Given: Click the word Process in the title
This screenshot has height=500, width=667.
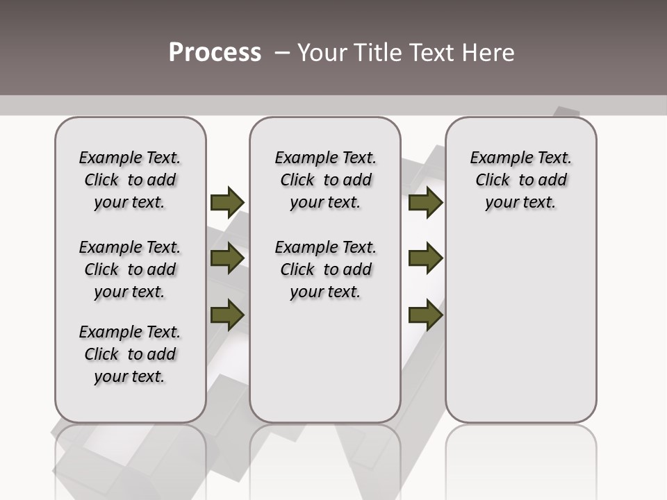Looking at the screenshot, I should pyautogui.click(x=214, y=52).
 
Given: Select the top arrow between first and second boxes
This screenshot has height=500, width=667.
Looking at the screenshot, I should pyautogui.click(x=227, y=202).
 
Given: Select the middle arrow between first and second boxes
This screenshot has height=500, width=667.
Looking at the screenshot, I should pyautogui.click(x=227, y=258).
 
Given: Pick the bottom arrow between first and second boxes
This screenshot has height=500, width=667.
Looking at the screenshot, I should pyautogui.click(x=227, y=315).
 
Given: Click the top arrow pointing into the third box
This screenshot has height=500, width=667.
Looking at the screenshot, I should pyautogui.click(x=425, y=202).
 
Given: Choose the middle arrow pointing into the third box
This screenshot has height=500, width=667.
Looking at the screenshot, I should pyautogui.click(x=425, y=258).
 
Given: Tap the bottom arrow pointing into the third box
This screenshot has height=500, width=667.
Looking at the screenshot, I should pyautogui.click(x=425, y=315).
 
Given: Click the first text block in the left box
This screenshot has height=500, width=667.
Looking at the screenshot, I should pyautogui.click(x=130, y=180).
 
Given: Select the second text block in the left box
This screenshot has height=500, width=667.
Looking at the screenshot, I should pyautogui.click(x=130, y=269).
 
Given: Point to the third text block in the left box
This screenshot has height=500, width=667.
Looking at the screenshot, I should pyautogui.click(x=130, y=354).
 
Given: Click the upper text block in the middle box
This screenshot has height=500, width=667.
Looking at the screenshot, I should pyautogui.click(x=325, y=180).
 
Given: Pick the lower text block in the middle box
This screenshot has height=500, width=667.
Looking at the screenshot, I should pyautogui.click(x=325, y=269).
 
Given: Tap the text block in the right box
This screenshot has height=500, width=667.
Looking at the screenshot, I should pyautogui.click(x=520, y=180).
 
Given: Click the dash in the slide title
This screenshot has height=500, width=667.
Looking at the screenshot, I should pyautogui.click(x=282, y=53).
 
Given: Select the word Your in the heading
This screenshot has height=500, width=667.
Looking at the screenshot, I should pyautogui.click(x=322, y=53).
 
